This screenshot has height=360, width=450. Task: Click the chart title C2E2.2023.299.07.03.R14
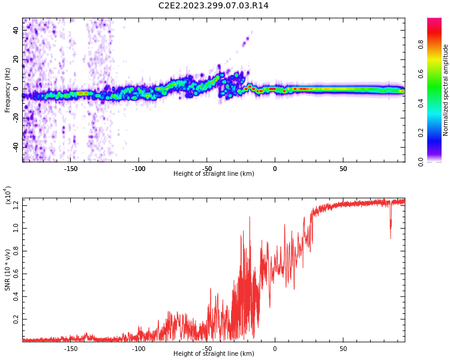coord(213,6)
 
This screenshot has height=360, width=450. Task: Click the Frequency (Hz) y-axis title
coord(8,90)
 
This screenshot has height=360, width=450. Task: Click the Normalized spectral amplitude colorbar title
coord(446,90)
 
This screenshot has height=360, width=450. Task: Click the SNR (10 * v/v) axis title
coord(8,270)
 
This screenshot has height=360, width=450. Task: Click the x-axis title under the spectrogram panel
coord(213,174)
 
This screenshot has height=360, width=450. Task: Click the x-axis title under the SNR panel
coord(213,354)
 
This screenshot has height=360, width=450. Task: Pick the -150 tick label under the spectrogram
coord(70,169)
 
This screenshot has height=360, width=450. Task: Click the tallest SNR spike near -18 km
coord(250,218)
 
